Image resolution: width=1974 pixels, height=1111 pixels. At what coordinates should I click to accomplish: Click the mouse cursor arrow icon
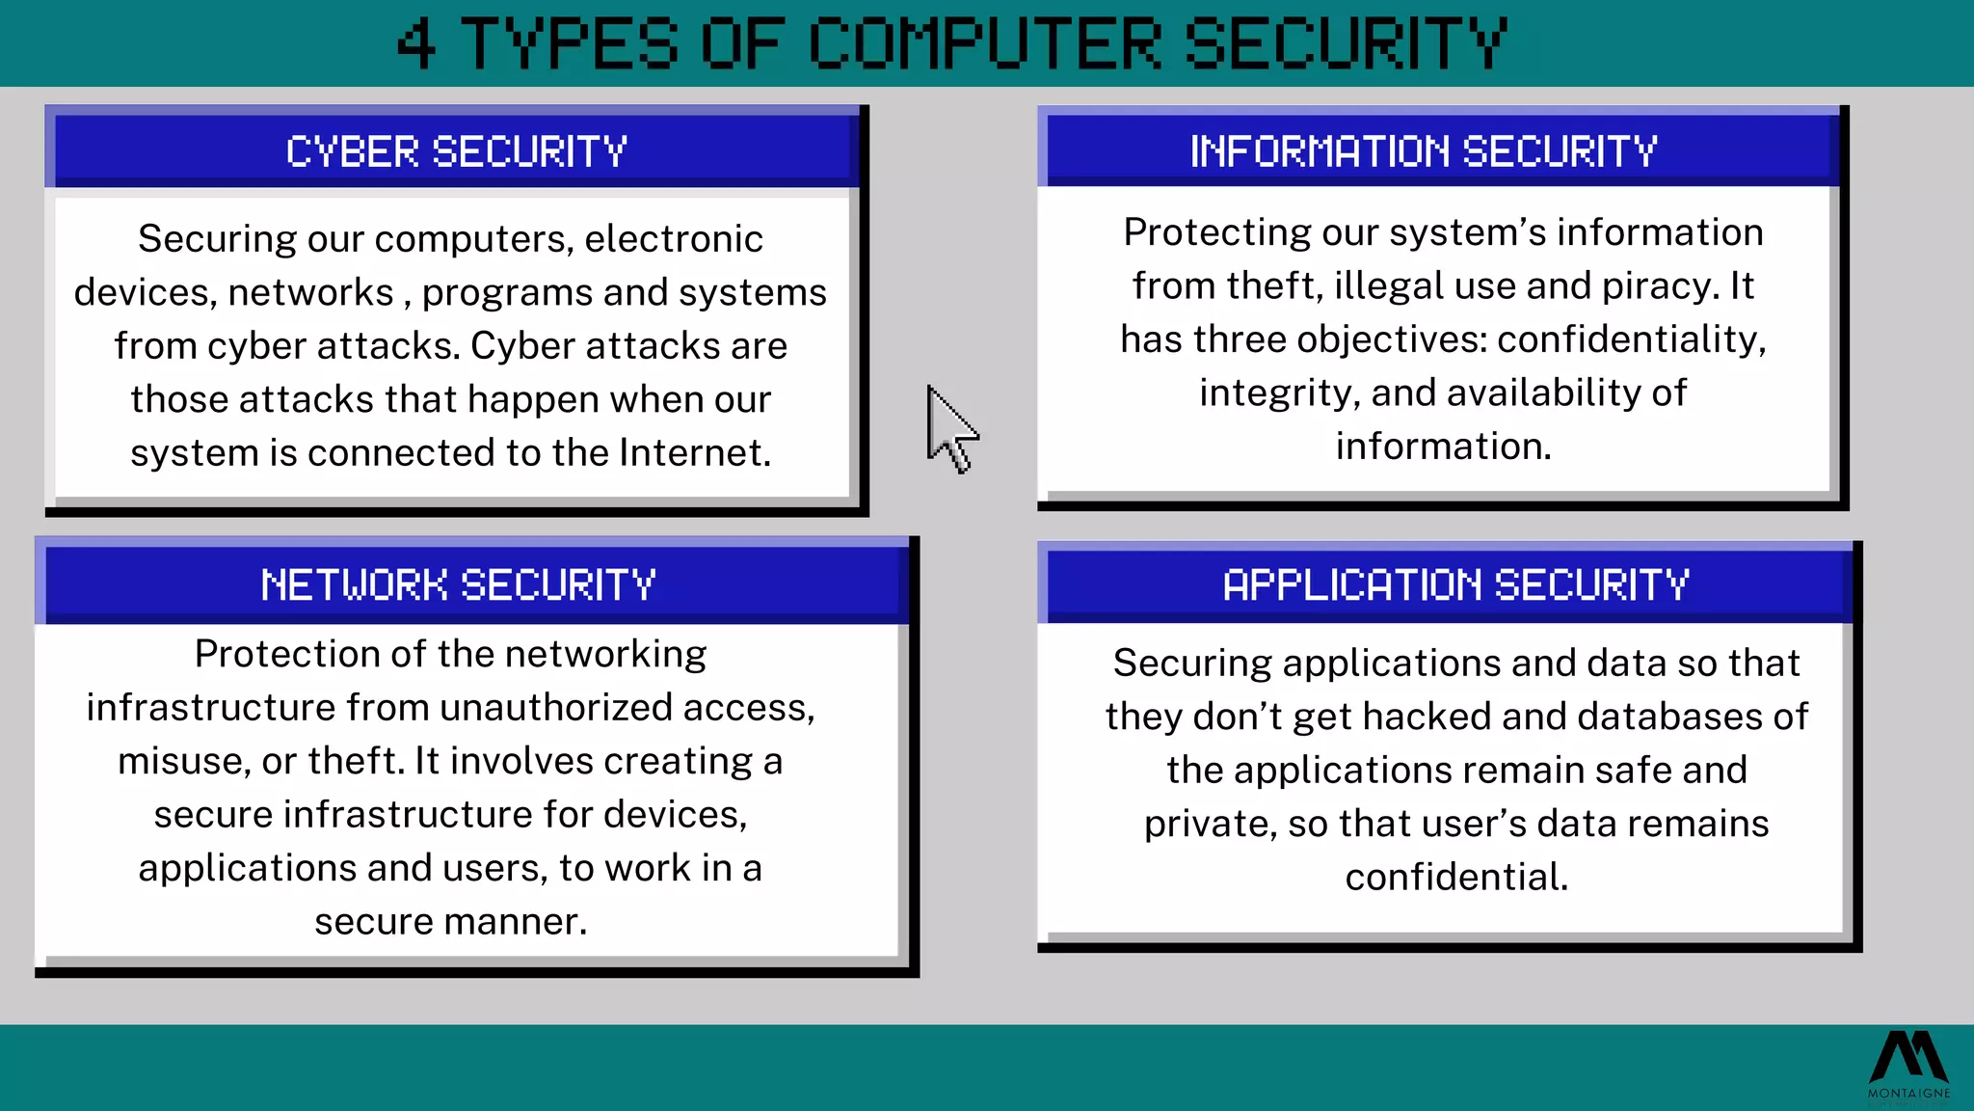pos(949,430)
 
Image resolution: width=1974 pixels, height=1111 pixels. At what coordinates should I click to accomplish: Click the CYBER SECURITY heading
pos(457,152)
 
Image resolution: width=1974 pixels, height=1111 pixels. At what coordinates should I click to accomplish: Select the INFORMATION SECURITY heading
pos(1424,151)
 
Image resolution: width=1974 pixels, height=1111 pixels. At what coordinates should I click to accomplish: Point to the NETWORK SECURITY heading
pos(458,585)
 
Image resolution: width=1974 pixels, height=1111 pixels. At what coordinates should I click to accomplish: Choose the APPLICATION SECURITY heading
pos(1455,585)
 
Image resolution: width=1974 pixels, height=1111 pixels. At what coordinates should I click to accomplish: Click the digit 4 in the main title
pos(416,44)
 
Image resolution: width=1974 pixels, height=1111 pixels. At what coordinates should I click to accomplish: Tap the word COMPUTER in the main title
pos(984,44)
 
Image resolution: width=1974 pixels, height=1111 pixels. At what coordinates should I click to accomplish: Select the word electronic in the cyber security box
pos(674,239)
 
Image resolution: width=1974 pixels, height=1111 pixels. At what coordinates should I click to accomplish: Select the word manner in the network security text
pos(518,922)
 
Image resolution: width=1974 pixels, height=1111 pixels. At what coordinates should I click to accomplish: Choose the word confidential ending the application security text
pos(1456,878)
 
